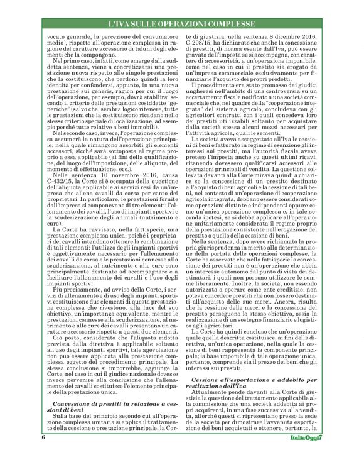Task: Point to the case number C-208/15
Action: pos(201,43)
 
